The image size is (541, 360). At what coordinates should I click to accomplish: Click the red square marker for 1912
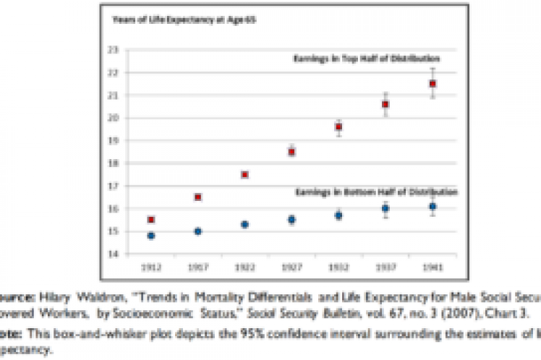tap(151, 219)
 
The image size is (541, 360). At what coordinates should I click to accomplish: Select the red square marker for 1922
tap(245, 174)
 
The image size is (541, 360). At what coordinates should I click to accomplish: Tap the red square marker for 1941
tap(433, 83)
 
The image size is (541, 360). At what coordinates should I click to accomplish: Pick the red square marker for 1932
tap(338, 127)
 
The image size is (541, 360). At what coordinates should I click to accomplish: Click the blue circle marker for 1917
tap(198, 231)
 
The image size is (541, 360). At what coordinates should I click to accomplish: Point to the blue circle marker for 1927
tap(291, 219)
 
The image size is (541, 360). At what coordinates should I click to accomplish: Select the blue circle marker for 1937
tap(385, 208)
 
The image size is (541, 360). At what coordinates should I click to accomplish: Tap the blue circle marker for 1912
tap(151, 236)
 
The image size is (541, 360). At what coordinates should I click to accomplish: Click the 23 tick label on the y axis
tap(114, 49)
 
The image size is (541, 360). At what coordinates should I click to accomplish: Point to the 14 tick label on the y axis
tap(114, 254)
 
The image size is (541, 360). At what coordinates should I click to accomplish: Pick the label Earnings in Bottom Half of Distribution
tap(376, 192)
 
